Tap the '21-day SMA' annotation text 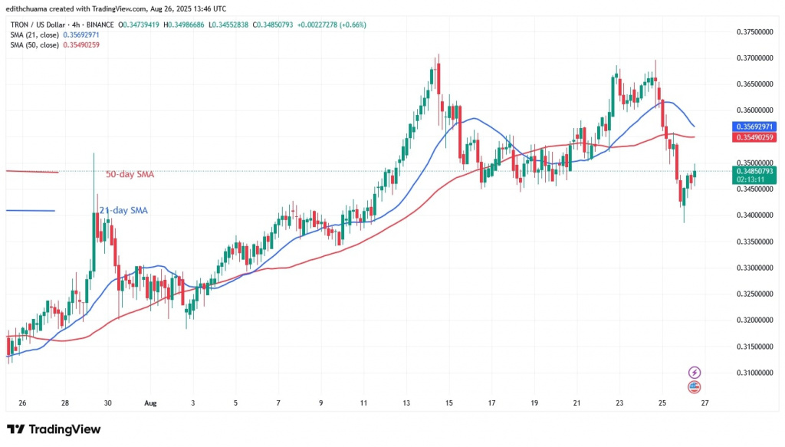(x=123, y=210)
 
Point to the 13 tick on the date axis (x=406, y=403)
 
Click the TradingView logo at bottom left (x=54, y=429)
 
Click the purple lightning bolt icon (x=695, y=372)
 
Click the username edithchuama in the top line (x=30, y=7)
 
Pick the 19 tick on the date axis (x=534, y=403)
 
